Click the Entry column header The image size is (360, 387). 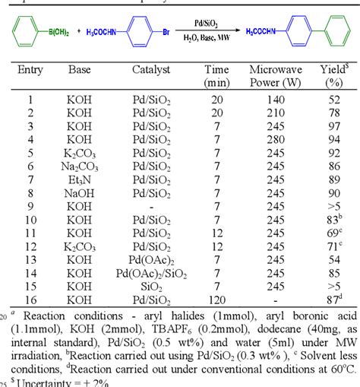pos(30,71)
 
